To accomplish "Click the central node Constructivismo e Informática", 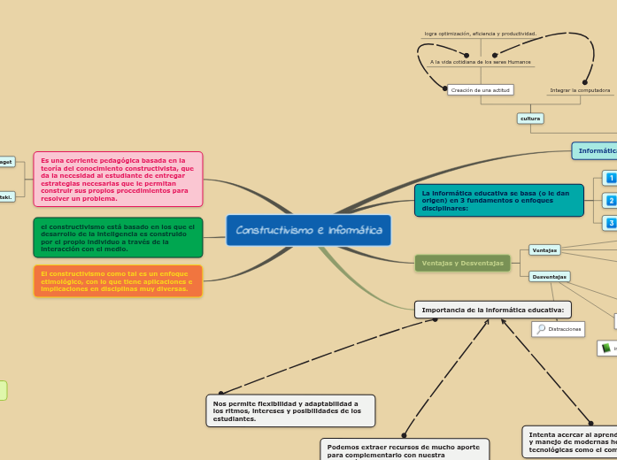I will (308, 230).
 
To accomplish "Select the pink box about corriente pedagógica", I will (118, 180).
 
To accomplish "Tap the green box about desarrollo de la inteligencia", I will (118, 237).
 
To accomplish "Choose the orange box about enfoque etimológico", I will (118, 281).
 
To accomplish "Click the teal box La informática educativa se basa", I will (498, 200).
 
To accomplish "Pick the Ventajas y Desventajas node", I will (462, 263).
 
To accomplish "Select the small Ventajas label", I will (544, 250).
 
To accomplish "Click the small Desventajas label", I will (549, 277).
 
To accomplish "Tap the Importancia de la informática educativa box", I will (492, 310).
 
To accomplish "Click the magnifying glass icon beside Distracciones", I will (541, 329).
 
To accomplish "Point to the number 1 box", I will (611, 178).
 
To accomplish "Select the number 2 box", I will (611, 201).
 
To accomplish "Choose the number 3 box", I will (611, 223).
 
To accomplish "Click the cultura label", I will (530, 118).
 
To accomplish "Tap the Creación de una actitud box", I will (481, 89).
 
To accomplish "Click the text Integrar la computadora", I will (580, 89).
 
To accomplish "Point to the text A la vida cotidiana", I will (481, 62).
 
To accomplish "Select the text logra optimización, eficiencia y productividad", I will (481, 34).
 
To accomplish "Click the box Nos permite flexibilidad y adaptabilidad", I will (290, 410).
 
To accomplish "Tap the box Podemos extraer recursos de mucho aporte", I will (405, 449).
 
